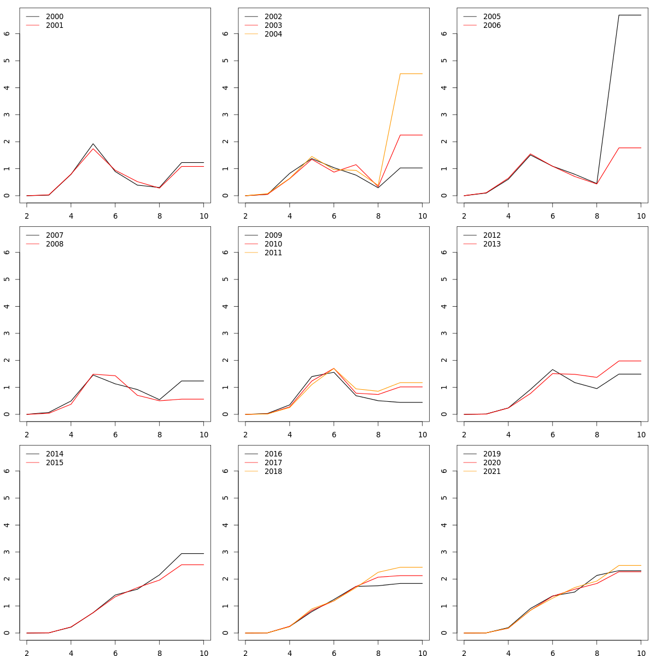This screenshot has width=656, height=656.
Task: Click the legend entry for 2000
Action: (55, 17)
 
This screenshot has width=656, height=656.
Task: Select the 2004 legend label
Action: (273, 34)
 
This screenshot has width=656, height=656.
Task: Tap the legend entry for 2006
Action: (492, 26)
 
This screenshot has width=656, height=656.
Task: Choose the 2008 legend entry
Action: (55, 244)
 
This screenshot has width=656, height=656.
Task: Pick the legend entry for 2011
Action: (273, 253)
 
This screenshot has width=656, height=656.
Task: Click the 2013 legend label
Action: (492, 244)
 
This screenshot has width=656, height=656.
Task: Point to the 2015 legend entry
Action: (55, 463)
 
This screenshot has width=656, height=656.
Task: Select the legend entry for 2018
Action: (273, 472)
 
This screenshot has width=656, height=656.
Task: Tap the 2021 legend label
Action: (492, 472)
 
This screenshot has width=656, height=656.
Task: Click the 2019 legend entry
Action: (492, 454)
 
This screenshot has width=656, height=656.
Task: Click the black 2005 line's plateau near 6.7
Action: (630, 15)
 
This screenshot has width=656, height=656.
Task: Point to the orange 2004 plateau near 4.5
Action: (411, 73)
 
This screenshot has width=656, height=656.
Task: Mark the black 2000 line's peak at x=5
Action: (93, 144)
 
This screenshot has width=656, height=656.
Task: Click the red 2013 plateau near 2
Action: (630, 361)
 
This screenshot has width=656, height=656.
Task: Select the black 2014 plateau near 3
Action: (192, 553)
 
